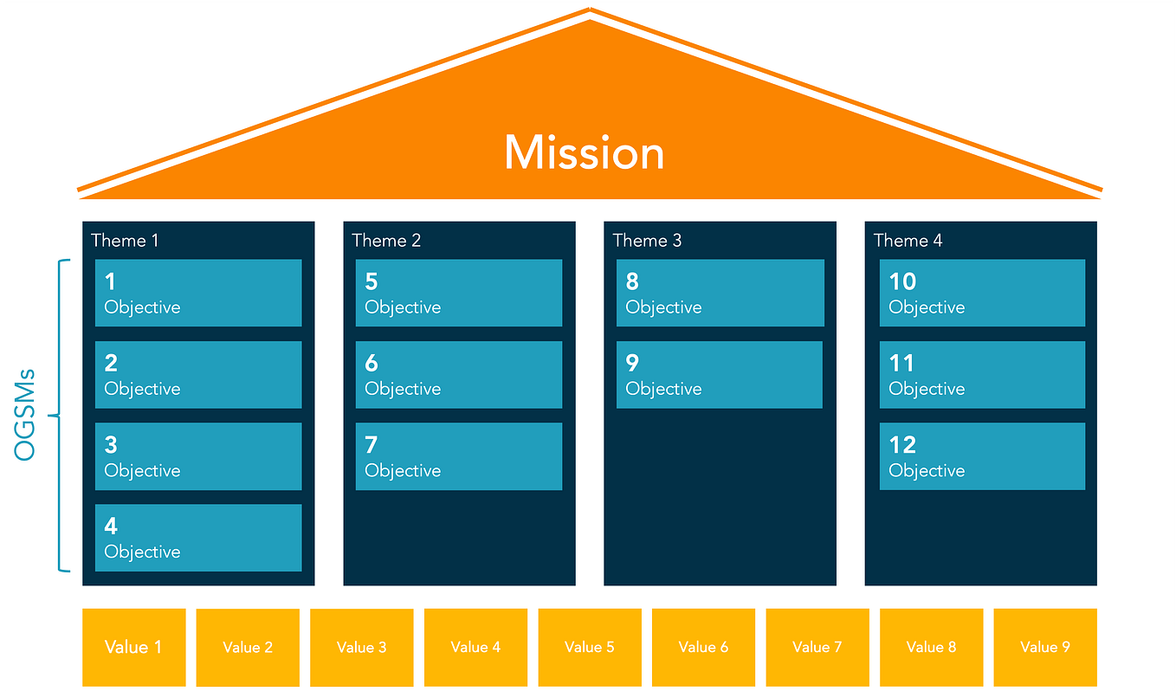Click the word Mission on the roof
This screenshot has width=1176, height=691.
pos(585,152)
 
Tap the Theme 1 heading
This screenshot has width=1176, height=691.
pos(125,241)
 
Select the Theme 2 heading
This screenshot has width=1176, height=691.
pos(386,241)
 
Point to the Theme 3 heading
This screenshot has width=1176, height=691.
pos(647,241)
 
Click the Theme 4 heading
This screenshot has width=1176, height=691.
pos(908,241)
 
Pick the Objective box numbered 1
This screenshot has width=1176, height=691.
pos(198,293)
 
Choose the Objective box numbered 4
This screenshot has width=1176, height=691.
pos(198,538)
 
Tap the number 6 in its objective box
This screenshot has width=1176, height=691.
pos(372,364)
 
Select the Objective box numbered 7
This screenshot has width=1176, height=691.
pos(459,456)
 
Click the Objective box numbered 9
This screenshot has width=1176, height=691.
pos(719,374)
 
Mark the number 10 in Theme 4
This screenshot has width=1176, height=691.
pos(902,281)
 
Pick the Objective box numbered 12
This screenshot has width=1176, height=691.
pos(982,456)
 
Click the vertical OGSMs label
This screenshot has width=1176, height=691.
pos(25,415)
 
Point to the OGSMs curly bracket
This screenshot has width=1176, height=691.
pos(61,416)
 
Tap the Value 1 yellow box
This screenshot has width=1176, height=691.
pos(133,647)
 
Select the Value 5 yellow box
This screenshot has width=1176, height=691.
pos(590,647)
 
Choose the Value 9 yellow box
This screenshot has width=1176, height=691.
pos(1045,647)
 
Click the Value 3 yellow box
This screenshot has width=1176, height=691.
pos(361,647)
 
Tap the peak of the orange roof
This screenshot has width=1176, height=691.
pos(590,12)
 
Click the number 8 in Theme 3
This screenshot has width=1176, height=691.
pos(632,281)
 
